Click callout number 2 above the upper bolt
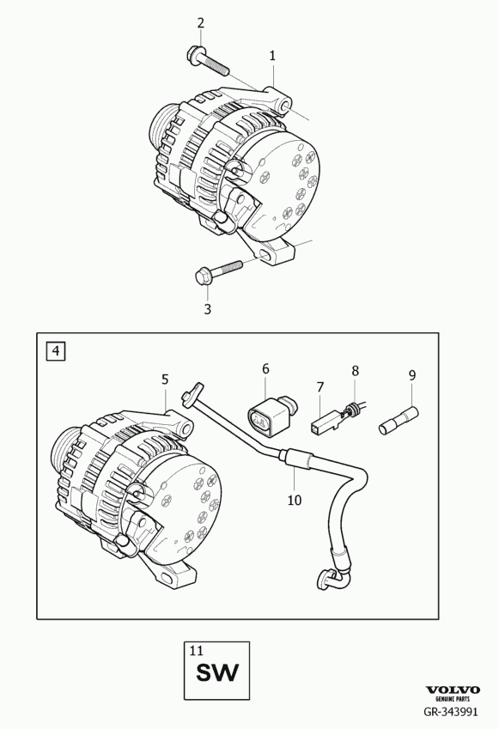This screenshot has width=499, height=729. point(200,23)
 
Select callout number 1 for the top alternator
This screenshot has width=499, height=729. point(272,56)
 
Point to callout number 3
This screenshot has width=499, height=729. point(207,309)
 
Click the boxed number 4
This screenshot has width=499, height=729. point(56,350)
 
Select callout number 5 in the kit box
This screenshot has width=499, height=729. point(165,380)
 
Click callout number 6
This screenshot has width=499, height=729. point(265,368)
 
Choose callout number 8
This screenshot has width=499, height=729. point(356,371)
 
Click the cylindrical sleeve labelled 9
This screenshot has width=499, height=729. point(399,421)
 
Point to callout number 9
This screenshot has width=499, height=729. point(412,374)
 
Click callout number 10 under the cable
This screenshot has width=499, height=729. point(295,501)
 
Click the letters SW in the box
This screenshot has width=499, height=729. point(217,672)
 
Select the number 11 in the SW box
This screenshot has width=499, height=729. point(197,650)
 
